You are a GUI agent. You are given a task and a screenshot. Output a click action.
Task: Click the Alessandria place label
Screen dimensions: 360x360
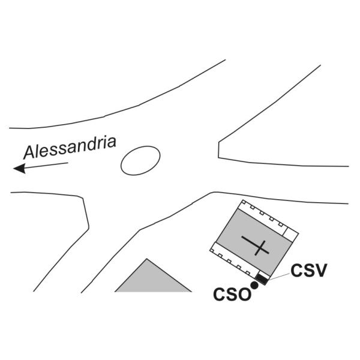coord(70,148)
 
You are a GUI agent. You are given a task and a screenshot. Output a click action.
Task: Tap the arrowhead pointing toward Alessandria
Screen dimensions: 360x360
coord(20,168)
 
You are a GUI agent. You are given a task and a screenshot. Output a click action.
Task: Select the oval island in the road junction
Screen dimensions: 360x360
coord(140,160)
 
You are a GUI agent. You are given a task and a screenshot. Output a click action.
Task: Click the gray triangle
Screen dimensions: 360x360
coord(153,280)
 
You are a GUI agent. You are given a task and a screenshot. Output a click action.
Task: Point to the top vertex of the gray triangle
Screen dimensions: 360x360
coord(147,259)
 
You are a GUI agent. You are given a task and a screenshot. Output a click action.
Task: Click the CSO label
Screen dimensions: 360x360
coord(232,295)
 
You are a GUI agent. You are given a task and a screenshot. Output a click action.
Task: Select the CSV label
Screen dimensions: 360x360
coord(308,271)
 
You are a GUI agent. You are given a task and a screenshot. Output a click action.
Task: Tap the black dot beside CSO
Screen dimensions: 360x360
coord(254,285)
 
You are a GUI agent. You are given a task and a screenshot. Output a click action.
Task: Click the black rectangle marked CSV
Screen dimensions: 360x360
coord(262,280)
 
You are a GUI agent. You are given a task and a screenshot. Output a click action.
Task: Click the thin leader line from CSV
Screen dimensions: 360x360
coord(280,277)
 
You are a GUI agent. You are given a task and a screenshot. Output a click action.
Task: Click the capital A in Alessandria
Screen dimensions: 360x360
coord(29,152)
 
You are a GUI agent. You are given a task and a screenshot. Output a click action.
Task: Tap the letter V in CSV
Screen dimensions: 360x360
coord(320,271)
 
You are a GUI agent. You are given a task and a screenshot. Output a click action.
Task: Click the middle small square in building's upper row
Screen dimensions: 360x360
coord(262,213)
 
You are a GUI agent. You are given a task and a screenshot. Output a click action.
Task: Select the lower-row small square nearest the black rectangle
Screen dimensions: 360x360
coord(248,273)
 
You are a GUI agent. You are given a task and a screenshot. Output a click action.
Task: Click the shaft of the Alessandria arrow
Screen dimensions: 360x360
coord(47,166)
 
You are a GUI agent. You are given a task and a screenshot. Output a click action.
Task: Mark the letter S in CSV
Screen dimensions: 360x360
coord(308,271)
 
